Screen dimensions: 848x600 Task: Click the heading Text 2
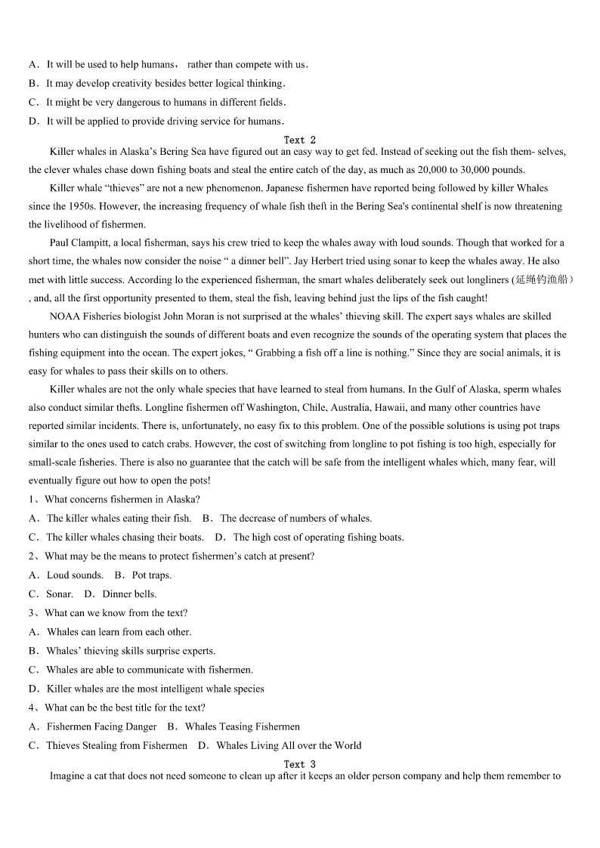300,140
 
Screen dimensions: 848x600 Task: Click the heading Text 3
300,764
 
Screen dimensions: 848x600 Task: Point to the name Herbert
415,261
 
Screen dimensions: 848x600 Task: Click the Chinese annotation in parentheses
543,279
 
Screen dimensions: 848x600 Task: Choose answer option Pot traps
151,575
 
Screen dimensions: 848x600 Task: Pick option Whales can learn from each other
119,632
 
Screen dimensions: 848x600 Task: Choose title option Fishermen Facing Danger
101,726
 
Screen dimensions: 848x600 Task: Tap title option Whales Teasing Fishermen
242,726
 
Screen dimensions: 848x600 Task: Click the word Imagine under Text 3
67,776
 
